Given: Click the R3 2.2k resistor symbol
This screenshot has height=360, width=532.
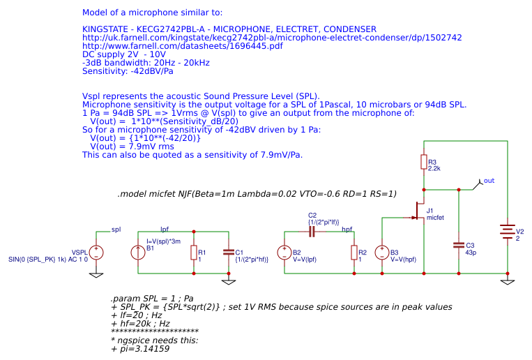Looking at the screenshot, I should [423, 162].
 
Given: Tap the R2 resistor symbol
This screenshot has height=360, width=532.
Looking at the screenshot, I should [354, 253].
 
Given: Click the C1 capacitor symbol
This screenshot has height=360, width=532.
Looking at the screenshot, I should [228, 252].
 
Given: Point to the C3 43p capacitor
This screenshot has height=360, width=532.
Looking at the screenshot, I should [458, 245].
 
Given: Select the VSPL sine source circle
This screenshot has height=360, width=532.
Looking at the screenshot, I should [96, 253].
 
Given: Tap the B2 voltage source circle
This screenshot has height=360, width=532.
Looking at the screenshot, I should [284, 253].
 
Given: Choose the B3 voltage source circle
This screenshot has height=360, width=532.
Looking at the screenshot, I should [382, 253].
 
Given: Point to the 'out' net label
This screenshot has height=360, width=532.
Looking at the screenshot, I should [489, 181].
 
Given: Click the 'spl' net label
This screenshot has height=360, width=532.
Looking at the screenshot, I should [116, 229].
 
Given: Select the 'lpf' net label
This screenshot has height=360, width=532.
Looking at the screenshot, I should [165, 229].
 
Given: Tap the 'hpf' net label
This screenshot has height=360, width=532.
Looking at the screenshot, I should [347, 229].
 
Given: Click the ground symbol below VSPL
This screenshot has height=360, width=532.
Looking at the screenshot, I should [96, 275].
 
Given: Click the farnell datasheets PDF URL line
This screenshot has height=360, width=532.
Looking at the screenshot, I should [183, 46].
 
